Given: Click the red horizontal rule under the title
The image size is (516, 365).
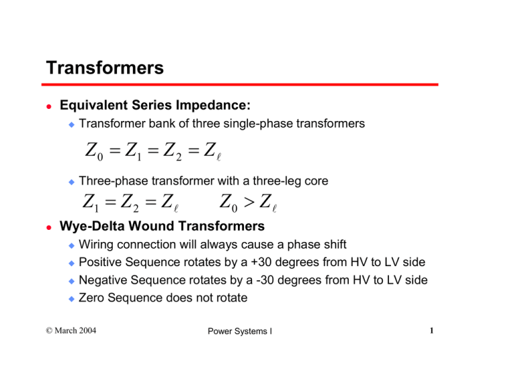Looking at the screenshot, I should coord(242,85).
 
